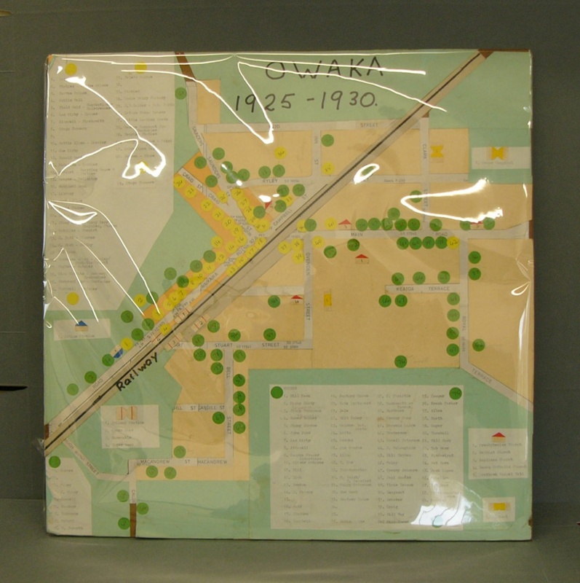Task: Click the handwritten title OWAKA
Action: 323,71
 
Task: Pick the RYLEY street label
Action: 271,179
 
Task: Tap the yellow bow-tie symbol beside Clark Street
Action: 437,152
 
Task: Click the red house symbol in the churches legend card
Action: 498,437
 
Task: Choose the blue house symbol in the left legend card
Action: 82,324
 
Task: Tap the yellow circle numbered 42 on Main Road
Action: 331,223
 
